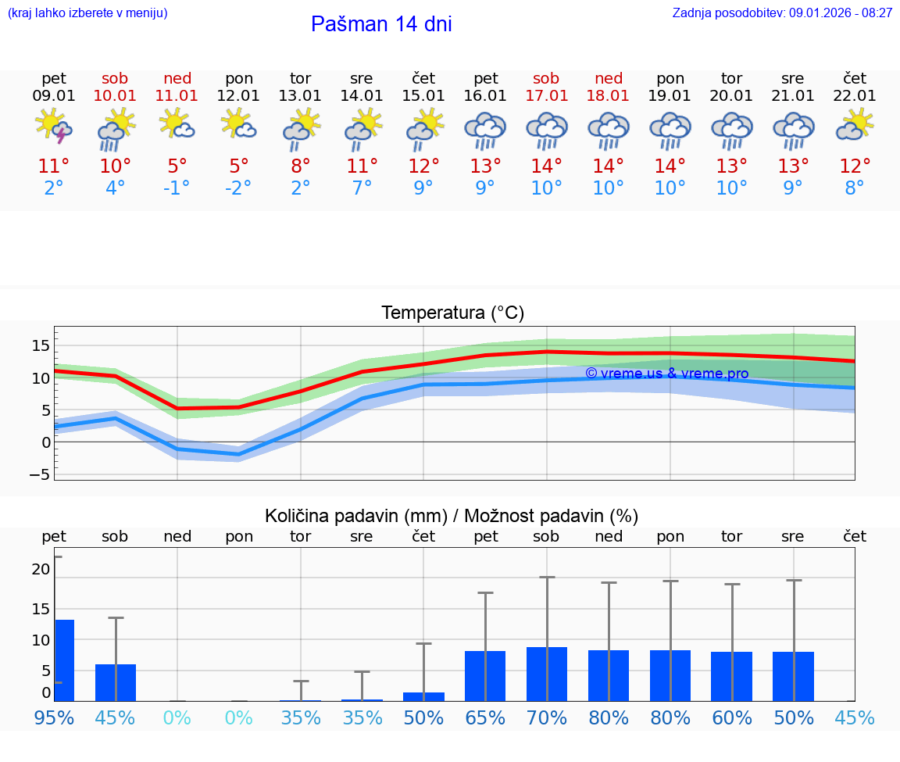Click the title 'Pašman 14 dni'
click(x=381, y=24)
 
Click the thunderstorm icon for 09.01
click(x=54, y=127)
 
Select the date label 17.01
click(x=546, y=96)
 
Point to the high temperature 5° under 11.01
click(x=177, y=166)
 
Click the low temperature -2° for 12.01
click(x=239, y=188)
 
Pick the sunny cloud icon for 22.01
click(x=855, y=125)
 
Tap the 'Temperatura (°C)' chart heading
click(x=452, y=313)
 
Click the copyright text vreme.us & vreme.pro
click(x=666, y=374)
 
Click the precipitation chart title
click(x=452, y=516)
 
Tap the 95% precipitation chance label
click(x=54, y=717)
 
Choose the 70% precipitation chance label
click(x=546, y=717)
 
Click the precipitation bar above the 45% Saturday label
click(x=116, y=682)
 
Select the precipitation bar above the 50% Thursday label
click(x=423, y=696)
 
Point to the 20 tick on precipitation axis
click(x=41, y=570)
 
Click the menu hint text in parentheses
click(x=87, y=13)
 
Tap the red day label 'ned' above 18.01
click(x=608, y=78)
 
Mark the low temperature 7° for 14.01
click(x=362, y=188)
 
